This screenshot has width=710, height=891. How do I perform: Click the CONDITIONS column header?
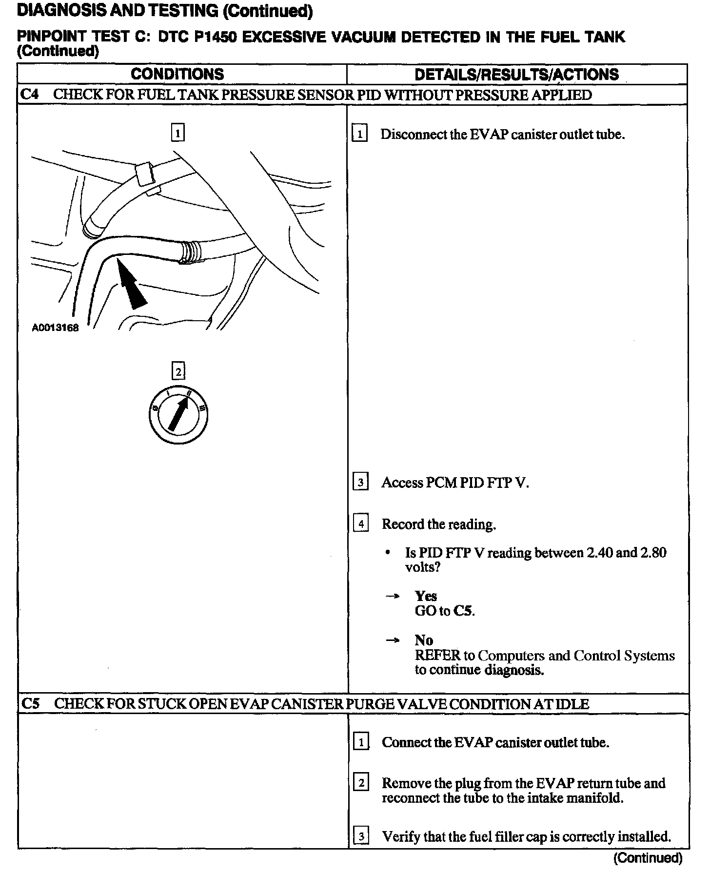point(177,74)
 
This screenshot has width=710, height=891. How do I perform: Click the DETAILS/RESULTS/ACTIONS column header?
point(516,75)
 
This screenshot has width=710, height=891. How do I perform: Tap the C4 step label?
point(30,95)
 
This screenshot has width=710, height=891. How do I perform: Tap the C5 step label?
point(31,704)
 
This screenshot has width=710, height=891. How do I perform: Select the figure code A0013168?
point(55,328)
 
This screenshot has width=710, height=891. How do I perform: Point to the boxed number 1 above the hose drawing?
point(178,133)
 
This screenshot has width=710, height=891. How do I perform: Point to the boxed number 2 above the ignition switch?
point(178,372)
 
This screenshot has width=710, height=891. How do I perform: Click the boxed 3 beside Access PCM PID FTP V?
point(360,483)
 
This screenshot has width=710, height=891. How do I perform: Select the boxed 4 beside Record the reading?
point(361,524)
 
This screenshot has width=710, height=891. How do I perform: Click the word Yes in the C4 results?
point(426,596)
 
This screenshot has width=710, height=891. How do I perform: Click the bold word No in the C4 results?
point(424,640)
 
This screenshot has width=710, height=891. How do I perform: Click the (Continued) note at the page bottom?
point(648,858)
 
